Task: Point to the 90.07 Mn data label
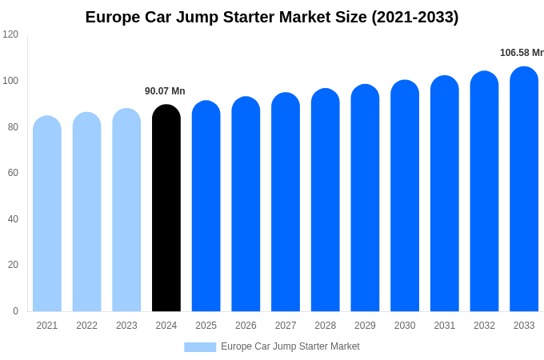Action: (165, 91)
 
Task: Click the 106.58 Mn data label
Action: (522, 53)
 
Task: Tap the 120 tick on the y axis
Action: (10, 34)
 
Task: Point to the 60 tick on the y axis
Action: (13, 173)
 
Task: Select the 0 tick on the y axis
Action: (15, 311)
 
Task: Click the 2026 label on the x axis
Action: (246, 326)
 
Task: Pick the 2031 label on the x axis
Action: (445, 326)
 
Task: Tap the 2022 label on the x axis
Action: (86, 326)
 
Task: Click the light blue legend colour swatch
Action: (200, 347)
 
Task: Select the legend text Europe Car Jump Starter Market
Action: (290, 346)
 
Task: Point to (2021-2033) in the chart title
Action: (414, 17)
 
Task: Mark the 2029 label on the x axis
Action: (365, 326)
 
